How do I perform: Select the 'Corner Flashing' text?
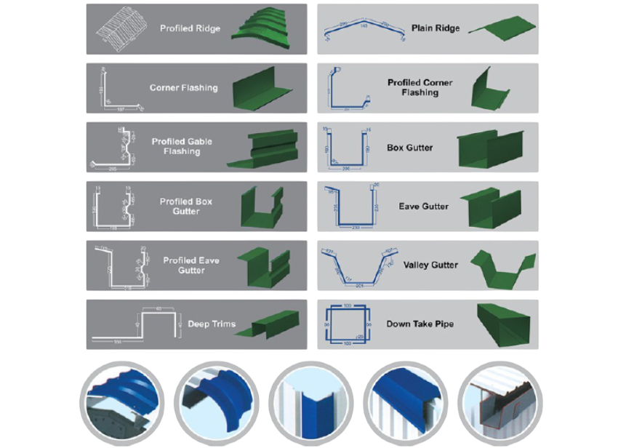pyautogui.click(x=183, y=88)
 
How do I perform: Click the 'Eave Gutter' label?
pyautogui.click(x=424, y=207)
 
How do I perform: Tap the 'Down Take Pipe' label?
pyautogui.click(x=420, y=324)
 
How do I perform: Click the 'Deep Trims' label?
pyautogui.click(x=212, y=324)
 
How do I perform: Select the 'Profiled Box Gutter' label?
pyautogui.click(x=186, y=207)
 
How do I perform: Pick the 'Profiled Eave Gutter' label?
pyautogui.click(x=191, y=265)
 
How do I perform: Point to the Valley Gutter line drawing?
pyautogui.click(x=358, y=265)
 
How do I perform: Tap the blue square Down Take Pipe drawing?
pyautogui.click(x=348, y=323)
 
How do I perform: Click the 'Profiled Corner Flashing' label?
pyautogui.click(x=420, y=88)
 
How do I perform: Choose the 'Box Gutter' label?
pyautogui.click(x=410, y=148)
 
